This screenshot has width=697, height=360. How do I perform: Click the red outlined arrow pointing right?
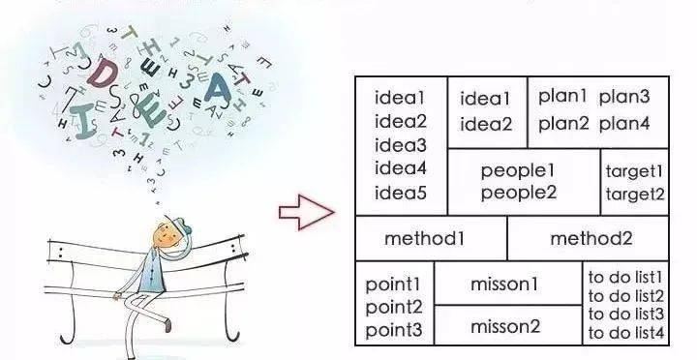point(307,213)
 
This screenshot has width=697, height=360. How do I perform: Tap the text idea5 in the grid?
point(401,193)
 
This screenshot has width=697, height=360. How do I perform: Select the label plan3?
point(624,98)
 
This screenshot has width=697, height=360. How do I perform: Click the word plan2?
point(563,124)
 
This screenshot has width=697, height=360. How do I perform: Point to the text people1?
point(518,171)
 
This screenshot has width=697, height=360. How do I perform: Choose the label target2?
point(635,195)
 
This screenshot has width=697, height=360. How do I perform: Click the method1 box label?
point(424,239)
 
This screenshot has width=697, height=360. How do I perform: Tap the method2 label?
point(591,239)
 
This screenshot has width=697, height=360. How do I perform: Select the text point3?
point(393,330)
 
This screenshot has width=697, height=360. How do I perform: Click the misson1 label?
point(504,284)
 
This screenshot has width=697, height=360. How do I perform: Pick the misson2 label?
point(505,327)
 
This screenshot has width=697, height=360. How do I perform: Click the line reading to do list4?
point(626,333)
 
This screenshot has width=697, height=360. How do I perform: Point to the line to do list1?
point(625,278)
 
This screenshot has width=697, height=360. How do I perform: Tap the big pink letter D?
point(102,73)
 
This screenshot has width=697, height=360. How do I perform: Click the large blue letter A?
point(218,87)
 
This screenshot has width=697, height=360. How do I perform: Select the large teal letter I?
point(82,121)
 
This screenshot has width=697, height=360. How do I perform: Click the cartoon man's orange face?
point(165,235)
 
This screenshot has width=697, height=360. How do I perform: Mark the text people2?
point(519,194)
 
